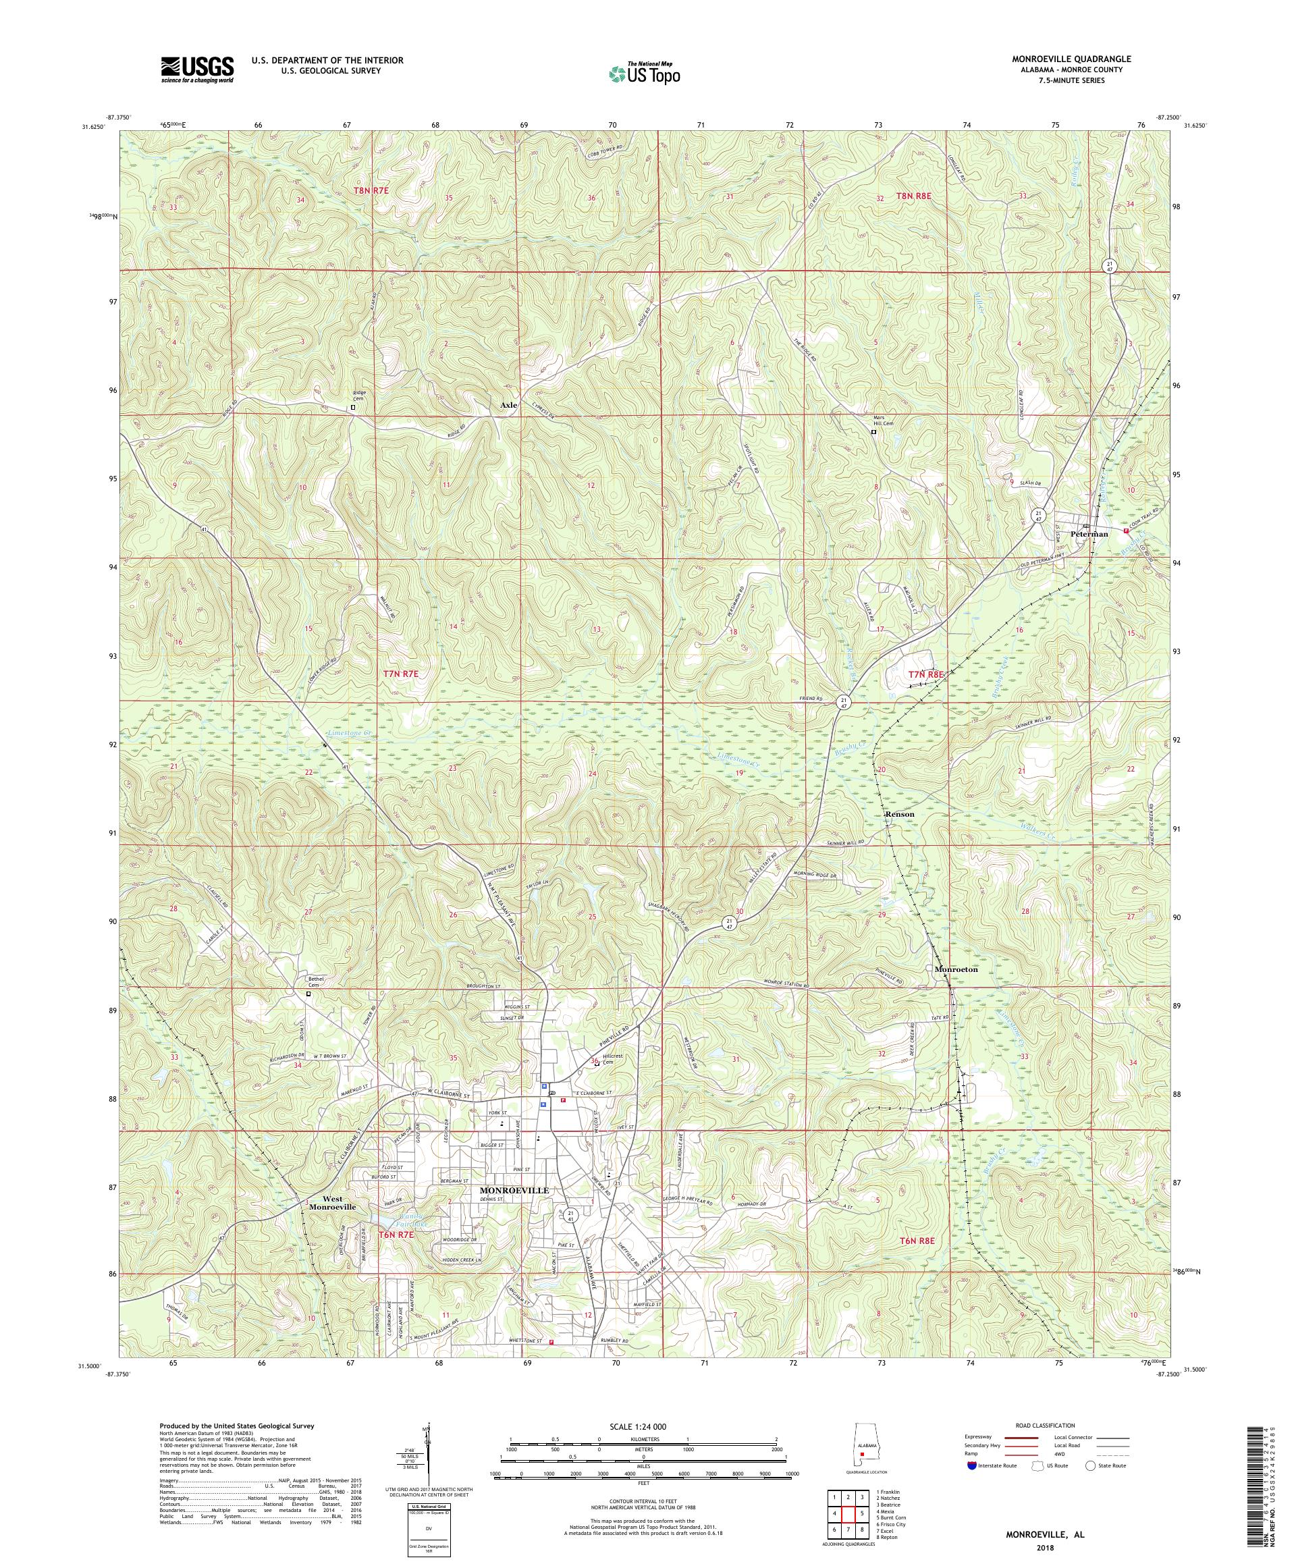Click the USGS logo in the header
click(197, 70)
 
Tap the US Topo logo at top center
click(644, 73)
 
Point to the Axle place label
click(508, 405)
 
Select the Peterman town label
click(1089, 534)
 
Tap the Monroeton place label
click(955, 969)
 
